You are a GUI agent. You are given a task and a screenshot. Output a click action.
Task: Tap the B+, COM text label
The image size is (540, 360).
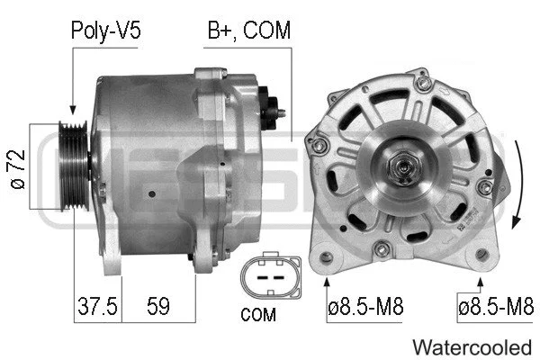pos(249,31)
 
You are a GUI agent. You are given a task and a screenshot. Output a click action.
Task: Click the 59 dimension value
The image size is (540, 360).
pos(157,306)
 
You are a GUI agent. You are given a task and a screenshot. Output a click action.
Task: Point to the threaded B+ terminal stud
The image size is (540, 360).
pos(280,113)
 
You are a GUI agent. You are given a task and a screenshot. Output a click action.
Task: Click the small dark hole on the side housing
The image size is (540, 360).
pos(154,192)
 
